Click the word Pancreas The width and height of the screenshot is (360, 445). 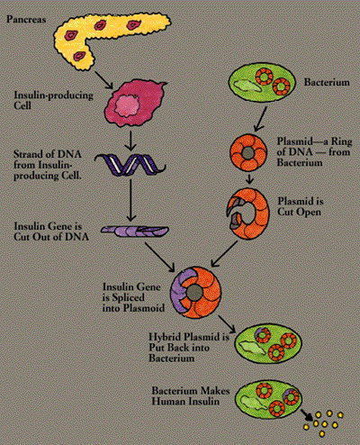pos(26,20)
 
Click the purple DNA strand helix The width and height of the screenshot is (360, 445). pos(130,164)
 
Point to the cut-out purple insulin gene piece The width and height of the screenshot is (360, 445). pos(134,232)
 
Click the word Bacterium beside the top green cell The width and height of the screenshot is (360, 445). pos(327,82)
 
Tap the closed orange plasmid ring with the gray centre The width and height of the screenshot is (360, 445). pos(248,153)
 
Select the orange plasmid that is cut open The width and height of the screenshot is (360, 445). pos(247,213)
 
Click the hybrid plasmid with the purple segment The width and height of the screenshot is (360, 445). pos(195,293)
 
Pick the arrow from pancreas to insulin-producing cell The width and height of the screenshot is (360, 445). pos(103,80)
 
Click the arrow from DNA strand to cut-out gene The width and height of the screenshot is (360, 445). pos(130,200)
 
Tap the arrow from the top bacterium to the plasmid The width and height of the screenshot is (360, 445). pos(260,119)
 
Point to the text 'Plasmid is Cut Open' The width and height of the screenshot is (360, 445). pos(301,206)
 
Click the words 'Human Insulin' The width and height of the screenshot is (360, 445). pos(185,401)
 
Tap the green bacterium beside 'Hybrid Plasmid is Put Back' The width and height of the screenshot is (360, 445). pos(267,343)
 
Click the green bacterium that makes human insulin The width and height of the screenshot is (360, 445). pos(268,399)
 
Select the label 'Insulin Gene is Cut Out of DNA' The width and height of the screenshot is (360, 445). pos(51,232)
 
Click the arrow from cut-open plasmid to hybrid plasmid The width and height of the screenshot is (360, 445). pos(224,254)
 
